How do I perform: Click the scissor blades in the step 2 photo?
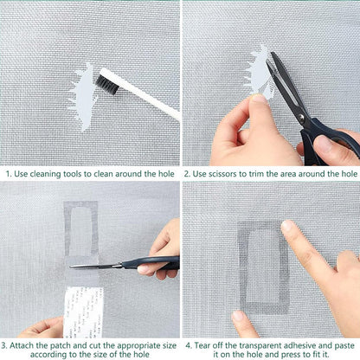pyautogui.click(x=283, y=77)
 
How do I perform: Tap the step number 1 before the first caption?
pyautogui.click(x=8, y=172)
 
